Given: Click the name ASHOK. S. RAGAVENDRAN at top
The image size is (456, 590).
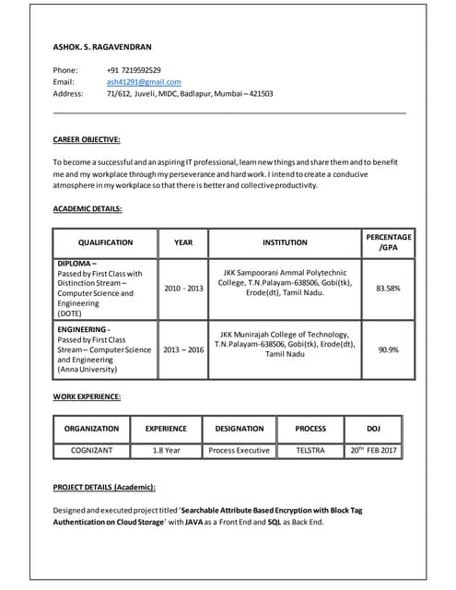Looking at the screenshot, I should click(x=102, y=46).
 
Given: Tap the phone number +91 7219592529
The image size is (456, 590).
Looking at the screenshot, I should click(x=134, y=70).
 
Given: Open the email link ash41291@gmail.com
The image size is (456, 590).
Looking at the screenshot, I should click(x=144, y=82).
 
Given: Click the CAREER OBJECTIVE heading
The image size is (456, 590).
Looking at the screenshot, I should click(x=87, y=139).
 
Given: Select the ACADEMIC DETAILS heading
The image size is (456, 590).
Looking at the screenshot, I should click(x=88, y=208).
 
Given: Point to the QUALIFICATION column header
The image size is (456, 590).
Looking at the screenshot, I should click(x=105, y=242).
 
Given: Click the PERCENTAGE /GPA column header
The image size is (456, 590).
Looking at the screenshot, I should click(x=388, y=242).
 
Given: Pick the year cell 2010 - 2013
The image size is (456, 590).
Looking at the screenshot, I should click(x=183, y=289).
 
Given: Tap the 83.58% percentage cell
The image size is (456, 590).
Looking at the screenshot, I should click(x=388, y=289).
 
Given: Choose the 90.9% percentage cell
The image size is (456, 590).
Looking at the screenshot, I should click(x=388, y=349).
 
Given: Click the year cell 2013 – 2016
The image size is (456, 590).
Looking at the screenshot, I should click(x=183, y=349).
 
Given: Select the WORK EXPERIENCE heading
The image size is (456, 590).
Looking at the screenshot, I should click(x=87, y=396).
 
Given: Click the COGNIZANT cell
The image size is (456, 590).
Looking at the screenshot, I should click(x=91, y=450).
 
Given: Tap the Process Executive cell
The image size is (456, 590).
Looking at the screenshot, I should click(x=239, y=450).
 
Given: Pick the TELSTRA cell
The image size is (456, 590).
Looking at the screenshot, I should click(x=310, y=450).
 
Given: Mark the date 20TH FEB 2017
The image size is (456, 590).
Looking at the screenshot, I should click(x=373, y=450).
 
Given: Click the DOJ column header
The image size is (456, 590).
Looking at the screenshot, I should click(x=373, y=428).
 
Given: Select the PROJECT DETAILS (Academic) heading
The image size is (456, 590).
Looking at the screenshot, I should click(x=104, y=486).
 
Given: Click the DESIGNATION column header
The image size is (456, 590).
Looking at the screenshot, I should click(x=239, y=428).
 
